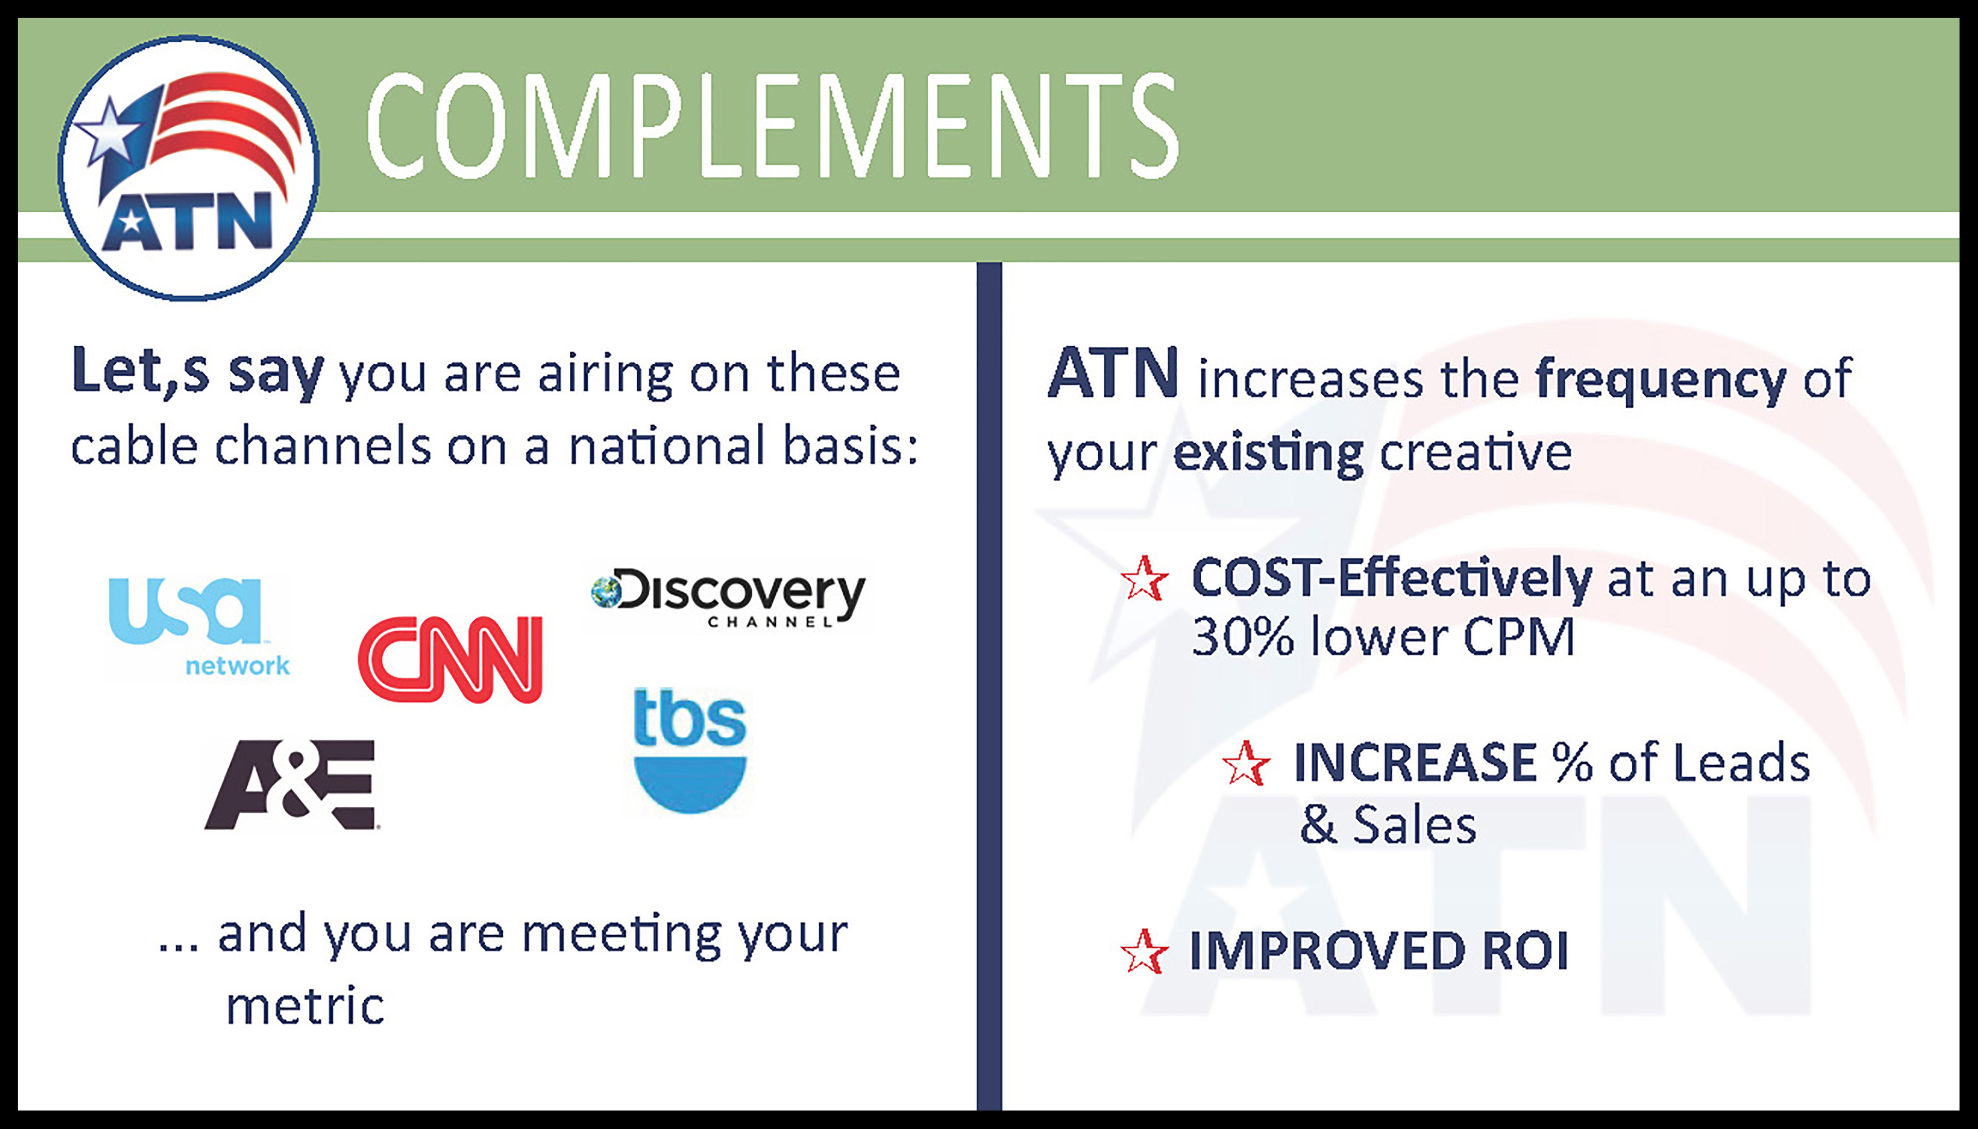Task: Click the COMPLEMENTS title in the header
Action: click(x=772, y=126)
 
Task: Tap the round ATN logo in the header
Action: click(x=189, y=167)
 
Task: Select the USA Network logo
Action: click(x=198, y=627)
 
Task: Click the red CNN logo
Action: click(x=450, y=659)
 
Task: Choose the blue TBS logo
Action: click(x=690, y=750)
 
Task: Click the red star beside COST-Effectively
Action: click(x=1144, y=579)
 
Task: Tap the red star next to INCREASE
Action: click(x=1247, y=763)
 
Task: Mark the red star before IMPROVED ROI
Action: click(x=1144, y=951)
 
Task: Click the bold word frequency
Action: click(x=1660, y=381)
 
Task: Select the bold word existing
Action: click(x=1268, y=453)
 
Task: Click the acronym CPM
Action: click(x=1519, y=637)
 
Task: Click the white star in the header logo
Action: click(x=109, y=130)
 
